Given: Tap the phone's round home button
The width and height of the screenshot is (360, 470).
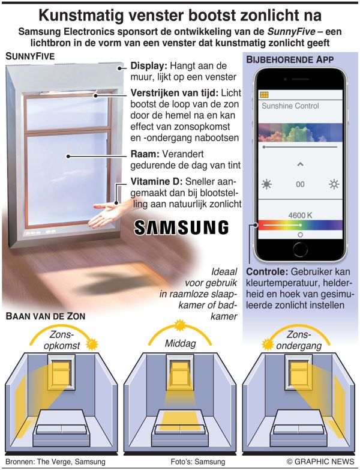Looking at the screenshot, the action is (300, 249).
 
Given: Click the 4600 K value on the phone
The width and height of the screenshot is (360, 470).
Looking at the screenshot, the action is (300, 215).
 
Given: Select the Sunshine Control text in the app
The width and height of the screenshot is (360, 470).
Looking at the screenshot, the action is (290, 106).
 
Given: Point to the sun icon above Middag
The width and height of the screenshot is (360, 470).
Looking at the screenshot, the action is (180, 325).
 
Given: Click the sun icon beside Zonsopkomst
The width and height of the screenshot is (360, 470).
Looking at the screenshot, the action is (92, 344).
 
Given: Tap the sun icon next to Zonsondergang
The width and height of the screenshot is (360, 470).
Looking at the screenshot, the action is (268, 344).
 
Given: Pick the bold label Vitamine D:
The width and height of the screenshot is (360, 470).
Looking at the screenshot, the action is (157, 181).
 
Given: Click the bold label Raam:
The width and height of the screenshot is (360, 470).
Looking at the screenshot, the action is (145, 154).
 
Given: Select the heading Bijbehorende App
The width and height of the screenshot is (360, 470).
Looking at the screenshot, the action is (290, 59).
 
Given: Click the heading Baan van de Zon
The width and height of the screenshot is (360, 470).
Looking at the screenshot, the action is (46, 316).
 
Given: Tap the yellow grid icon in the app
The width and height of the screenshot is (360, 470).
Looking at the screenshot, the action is (264, 95).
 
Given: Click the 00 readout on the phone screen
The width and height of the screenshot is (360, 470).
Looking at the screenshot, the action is (300, 184).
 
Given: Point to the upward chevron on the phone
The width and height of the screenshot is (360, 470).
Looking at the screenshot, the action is (301, 164).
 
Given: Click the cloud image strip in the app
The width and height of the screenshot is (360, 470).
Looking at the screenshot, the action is (300, 132).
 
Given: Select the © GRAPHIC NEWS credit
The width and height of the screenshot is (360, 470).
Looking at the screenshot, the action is (320, 462).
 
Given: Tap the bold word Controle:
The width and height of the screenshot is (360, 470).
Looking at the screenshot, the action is (267, 271).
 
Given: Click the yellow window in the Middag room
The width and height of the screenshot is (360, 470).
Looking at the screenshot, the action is (180, 371).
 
